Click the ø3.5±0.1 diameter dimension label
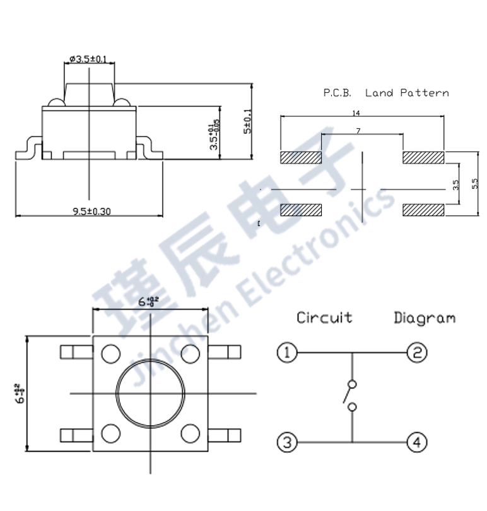click(x=88, y=59)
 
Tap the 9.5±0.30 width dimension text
click(x=91, y=211)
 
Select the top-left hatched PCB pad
click(x=300, y=157)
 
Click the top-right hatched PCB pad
click(x=423, y=157)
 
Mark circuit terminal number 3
click(x=287, y=442)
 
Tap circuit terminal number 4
click(x=416, y=442)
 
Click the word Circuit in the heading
click(x=324, y=318)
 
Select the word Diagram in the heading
click(x=425, y=318)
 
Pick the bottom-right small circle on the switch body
click(x=189, y=435)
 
